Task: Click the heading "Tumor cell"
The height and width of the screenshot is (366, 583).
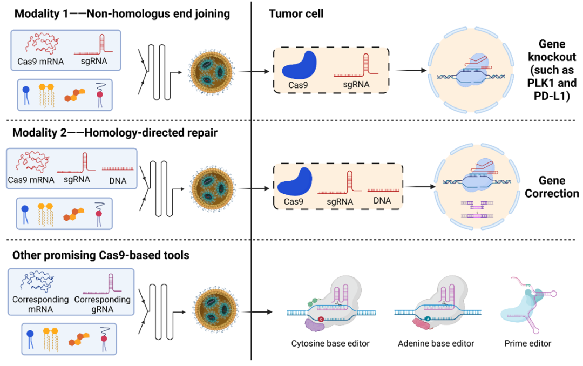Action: tap(296, 13)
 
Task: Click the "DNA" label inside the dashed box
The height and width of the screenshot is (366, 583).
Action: tap(383, 201)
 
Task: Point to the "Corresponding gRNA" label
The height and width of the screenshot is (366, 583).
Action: tap(103, 303)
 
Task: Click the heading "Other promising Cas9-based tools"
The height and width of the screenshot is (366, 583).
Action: tap(102, 254)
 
